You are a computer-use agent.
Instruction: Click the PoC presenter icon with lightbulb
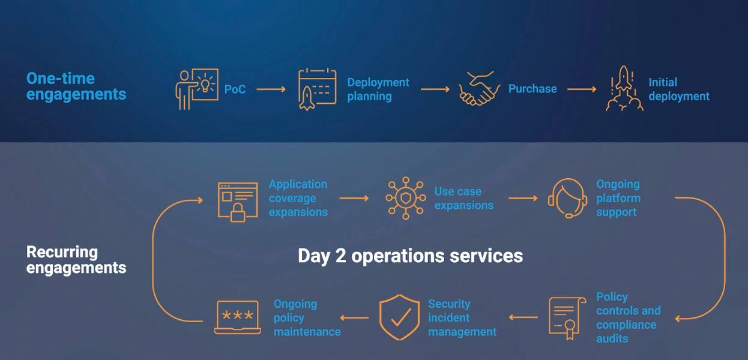pyautogui.click(x=196, y=89)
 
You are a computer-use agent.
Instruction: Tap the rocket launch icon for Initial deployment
pyautogui.click(x=624, y=89)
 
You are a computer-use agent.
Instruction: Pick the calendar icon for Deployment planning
pyautogui.click(x=317, y=89)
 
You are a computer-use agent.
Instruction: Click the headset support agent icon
pyautogui.click(x=566, y=199)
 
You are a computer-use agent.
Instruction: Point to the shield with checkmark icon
pyautogui.click(x=399, y=317)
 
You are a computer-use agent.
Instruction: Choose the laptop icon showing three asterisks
pyautogui.click(x=237, y=317)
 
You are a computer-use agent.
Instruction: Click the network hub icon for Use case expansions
pyautogui.click(x=405, y=197)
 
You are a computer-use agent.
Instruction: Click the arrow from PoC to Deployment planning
pyautogui.click(x=271, y=89)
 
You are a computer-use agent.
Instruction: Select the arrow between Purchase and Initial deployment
pyautogui.click(x=582, y=89)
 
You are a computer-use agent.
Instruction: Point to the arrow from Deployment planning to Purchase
pyautogui.click(x=435, y=89)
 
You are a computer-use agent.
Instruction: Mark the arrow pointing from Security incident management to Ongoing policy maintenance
pyautogui.click(x=355, y=317)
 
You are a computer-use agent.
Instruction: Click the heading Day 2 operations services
pyautogui.click(x=410, y=256)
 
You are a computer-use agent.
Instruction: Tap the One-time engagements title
pyautogui.click(x=76, y=86)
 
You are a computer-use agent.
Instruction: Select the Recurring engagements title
pyautogui.click(x=76, y=260)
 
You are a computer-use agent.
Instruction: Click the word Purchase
pyautogui.click(x=532, y=89)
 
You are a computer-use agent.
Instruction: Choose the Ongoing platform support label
pyautogui.click(x=618, y=198)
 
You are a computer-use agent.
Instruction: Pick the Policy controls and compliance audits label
pyautogui.click(x=628, y=317)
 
